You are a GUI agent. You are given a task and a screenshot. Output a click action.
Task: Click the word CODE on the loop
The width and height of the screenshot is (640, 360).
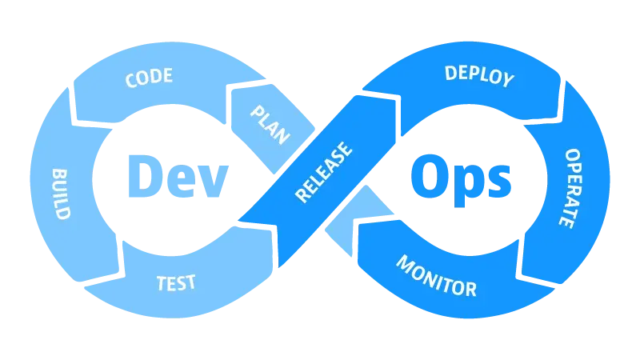pyautogui.click(x=149, y=78)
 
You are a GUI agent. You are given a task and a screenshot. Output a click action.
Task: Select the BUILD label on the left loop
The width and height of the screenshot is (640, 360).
pyautogui.click(x=61, y=194)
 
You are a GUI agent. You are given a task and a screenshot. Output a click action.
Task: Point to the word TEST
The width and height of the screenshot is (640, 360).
pyautogui.click(x=176, y=283)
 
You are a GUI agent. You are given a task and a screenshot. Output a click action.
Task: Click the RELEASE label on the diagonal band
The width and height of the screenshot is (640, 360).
pyautogui.click(x=324, y=171)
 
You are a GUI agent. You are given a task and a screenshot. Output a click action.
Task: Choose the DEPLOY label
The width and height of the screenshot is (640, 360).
pyautogui.click(x=478, y=76)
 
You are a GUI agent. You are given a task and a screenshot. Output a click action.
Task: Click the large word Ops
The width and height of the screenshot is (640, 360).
pyautogui.click(x=461, y=178)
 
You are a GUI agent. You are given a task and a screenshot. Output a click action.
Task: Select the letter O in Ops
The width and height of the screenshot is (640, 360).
pyautogui.click(x=428, y=176)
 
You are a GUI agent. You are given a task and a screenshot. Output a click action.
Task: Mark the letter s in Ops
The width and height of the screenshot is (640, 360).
pyautogui.click(x=498, y=181)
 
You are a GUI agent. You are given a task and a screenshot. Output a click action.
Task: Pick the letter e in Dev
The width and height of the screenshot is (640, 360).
pyautogui.click(x=179, y=181)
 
